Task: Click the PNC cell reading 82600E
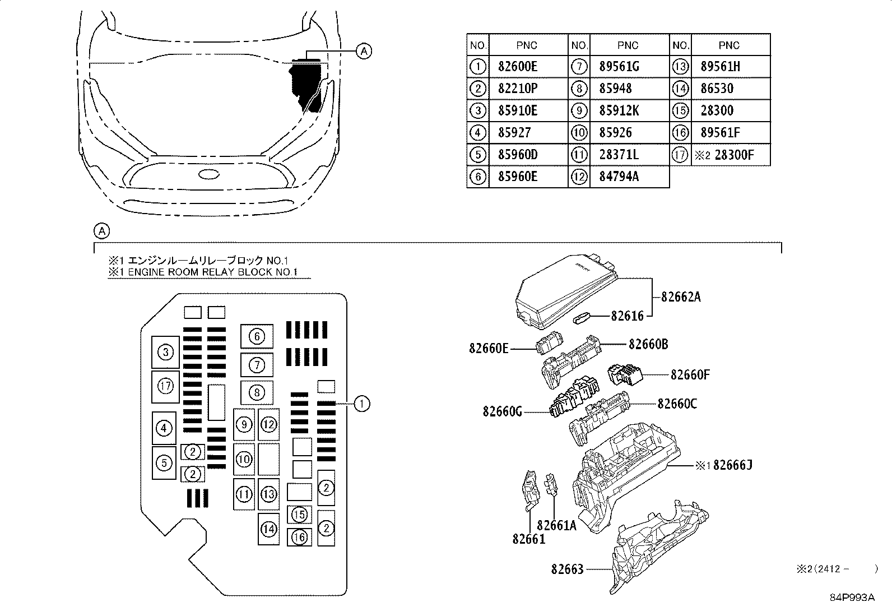coord(517,67)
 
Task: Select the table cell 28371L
coord(619,155)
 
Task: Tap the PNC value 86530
coord(717,89)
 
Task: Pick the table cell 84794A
coord(619,177)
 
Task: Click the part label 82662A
coord(681,297)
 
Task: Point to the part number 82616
coord(627,316)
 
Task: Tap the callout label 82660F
coord(690,374)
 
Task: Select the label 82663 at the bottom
coord(567,569)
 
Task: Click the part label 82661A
coord(556,525)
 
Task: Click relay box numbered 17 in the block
coord(165,386)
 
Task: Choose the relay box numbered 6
coord(257,336)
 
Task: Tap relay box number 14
coord(268,529)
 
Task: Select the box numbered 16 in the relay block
coord(299,537)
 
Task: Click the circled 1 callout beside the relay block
coord(362,403)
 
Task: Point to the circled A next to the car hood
coord(364,52)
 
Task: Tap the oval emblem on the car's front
coord(208,174)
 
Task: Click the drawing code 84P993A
coord(852,598)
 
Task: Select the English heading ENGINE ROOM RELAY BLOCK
coord(208,272)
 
